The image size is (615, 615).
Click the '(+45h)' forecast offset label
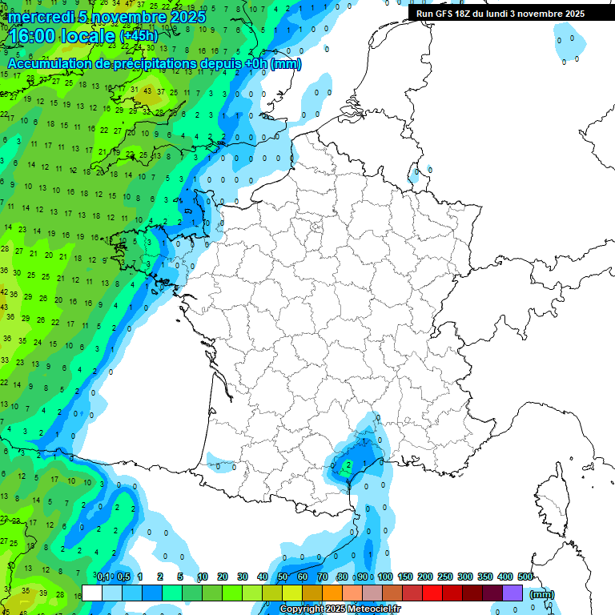139,36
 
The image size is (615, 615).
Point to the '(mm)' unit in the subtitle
286,64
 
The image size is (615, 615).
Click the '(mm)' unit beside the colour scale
542,594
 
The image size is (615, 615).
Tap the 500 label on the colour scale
525,577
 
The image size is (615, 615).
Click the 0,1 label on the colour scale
103,577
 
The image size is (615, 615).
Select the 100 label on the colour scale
385,577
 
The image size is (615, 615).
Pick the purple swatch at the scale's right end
512,593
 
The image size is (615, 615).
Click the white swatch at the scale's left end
92,593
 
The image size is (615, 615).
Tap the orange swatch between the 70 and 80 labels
332,593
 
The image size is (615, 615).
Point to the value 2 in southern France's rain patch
348,464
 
